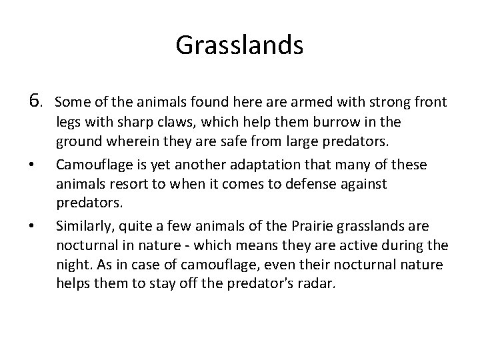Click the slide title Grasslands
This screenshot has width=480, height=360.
[x=239, y=45]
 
